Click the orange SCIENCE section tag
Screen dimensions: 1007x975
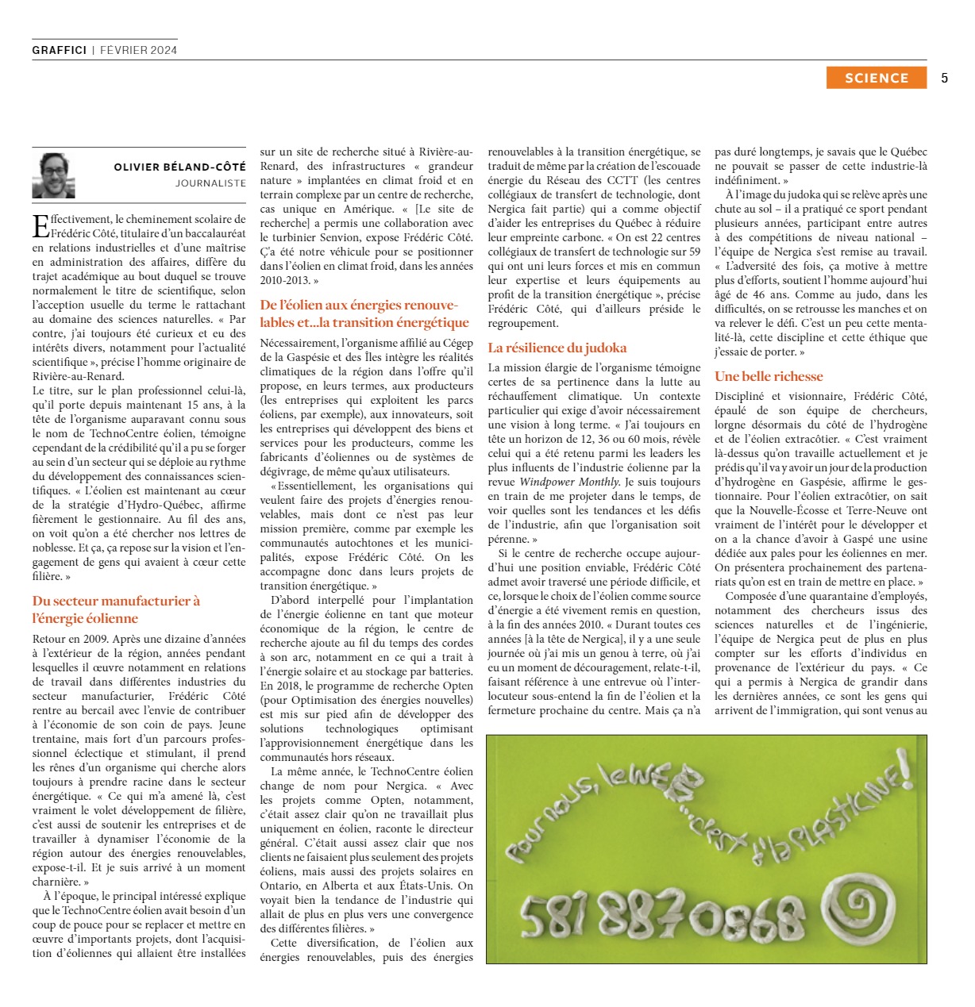pos(876,78)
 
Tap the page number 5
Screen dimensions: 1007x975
pos(944,78)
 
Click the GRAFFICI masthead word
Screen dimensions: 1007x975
pos(60,50)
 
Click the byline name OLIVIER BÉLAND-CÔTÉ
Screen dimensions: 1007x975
pos(179,167)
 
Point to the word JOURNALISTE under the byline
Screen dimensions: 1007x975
pos(210,183)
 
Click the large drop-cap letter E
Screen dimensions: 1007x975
pos(40,226)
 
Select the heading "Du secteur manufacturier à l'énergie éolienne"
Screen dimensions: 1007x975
pos(116,609)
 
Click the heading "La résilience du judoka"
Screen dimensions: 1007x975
pos(557,348)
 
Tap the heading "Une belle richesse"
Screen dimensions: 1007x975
pos(769,376)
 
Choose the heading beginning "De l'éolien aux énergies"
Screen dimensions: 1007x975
pos(364,313)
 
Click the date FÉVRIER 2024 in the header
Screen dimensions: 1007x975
pos(138,50)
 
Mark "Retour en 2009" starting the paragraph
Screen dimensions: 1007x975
pos(69,639)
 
